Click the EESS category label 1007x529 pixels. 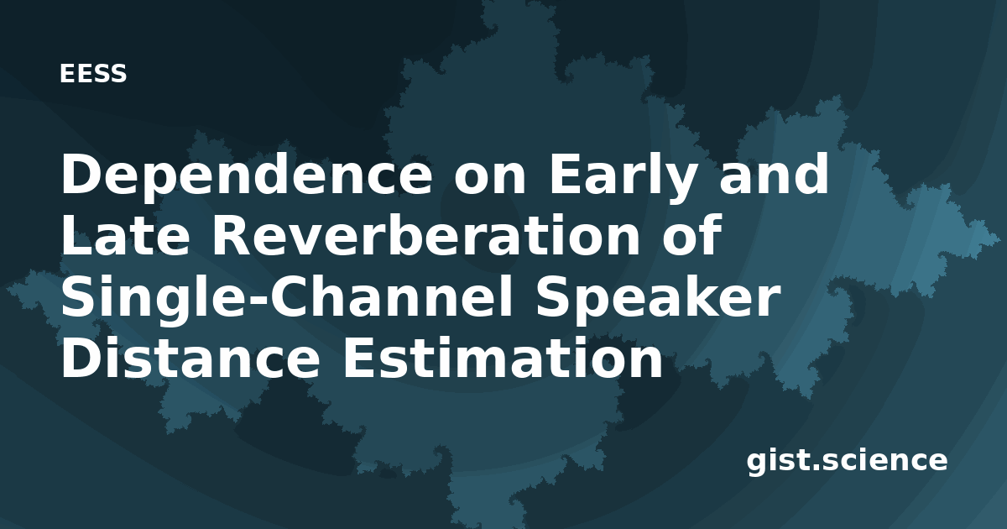pos(93,74)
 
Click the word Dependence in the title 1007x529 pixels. pos(247,176)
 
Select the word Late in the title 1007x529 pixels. pos(125,235)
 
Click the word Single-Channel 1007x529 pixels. pos(287,298)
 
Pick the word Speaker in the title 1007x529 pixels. pos(657,298)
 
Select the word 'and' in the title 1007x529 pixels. pos(774,175)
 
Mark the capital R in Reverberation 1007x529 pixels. pos(232,235)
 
